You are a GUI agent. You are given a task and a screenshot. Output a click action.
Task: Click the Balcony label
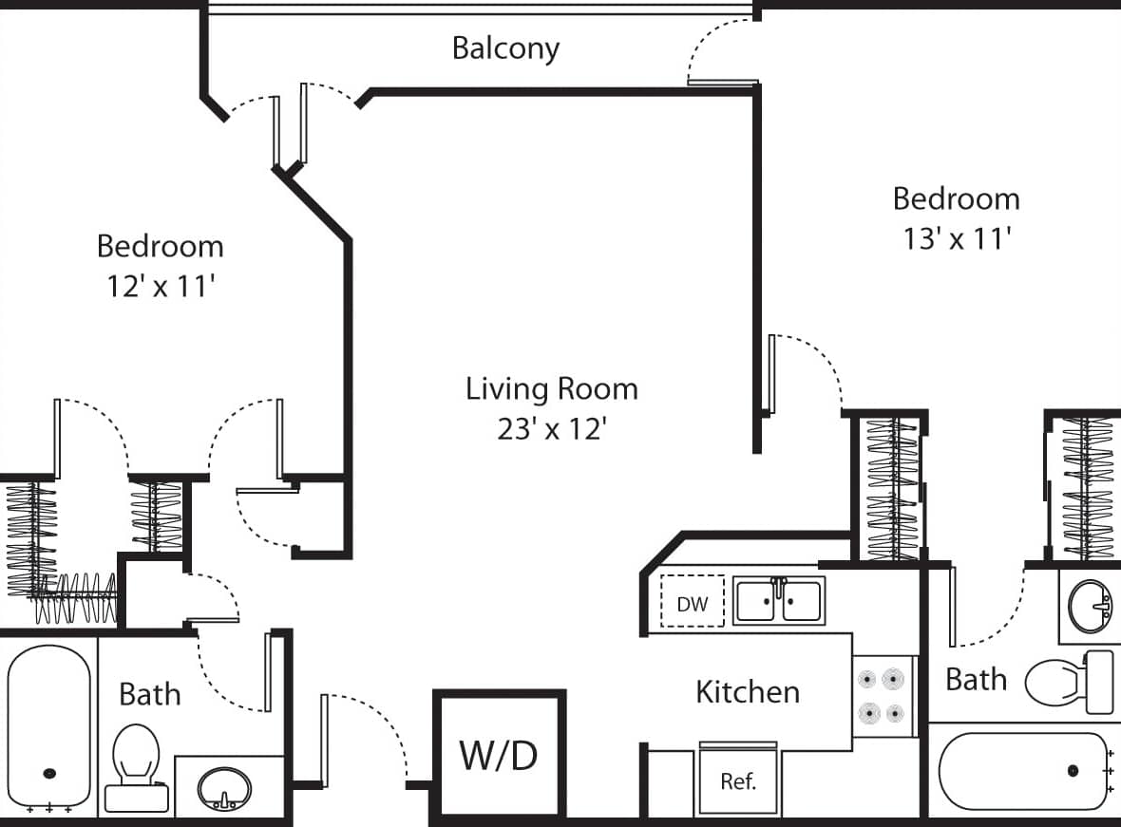coord(505,47)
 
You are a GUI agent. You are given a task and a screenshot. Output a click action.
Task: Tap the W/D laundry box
coord(500,755)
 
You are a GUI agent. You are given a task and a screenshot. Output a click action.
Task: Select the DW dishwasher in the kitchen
coord(693,603)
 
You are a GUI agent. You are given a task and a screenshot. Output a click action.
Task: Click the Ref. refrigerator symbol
coord(738,780)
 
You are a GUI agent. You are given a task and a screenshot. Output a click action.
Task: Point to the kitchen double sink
coord(778,601)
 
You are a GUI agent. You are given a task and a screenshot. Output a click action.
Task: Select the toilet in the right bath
coord(1069,681)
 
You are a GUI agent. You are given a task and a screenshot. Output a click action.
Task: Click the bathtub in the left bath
coord(49,726)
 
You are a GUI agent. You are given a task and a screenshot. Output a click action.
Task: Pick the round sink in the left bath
coord(225,787)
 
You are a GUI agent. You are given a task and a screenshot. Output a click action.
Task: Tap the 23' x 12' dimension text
coord(551,429)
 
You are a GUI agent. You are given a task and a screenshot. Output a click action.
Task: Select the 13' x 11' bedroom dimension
coord(955,238)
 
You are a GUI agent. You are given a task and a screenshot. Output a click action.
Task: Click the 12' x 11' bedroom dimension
coord(159,286)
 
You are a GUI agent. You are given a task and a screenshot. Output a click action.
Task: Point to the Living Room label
coord(551,388)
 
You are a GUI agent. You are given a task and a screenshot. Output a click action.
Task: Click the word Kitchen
coord(748,691)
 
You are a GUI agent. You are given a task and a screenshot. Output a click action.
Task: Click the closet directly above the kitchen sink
coord(892,489)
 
